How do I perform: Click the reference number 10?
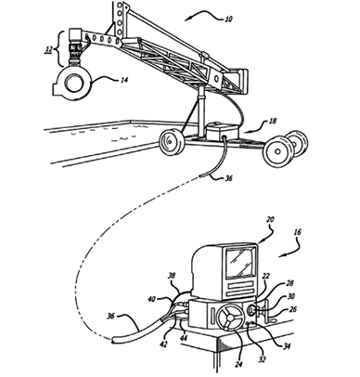click(228, 19)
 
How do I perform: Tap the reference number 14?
click(123, 80)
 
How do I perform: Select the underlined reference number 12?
click(48, 49)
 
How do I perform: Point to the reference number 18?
click(273, 121)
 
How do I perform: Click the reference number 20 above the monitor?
click(269, 220)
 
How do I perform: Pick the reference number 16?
click(297, 232)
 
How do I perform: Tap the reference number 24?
click(238, 364)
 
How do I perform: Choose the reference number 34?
click(287, 346)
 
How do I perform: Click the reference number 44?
click(184, 337)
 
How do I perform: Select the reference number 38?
click(172, 276)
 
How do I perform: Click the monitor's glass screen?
click(240, 263)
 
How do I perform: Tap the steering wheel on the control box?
click(229, 318)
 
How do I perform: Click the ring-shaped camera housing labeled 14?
click(73, 84)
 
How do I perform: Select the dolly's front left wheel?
click(171, 142)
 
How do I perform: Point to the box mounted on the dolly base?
click(223, 131)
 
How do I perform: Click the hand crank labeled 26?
click(267, 315)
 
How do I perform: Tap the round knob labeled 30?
click(252, 310)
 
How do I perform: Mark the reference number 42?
click(164, 344)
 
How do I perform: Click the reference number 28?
click(289, 283)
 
